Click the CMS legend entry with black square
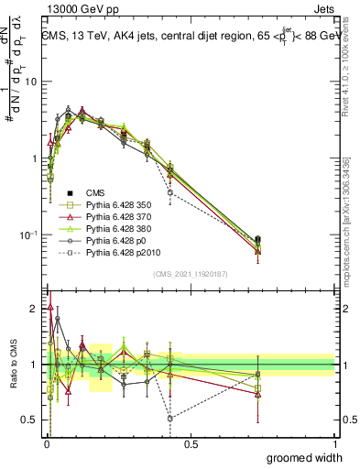pos(95,192)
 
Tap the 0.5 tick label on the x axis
pos(191,442)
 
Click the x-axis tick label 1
pos(334,442)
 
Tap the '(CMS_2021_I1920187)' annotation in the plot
pos(190,274)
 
